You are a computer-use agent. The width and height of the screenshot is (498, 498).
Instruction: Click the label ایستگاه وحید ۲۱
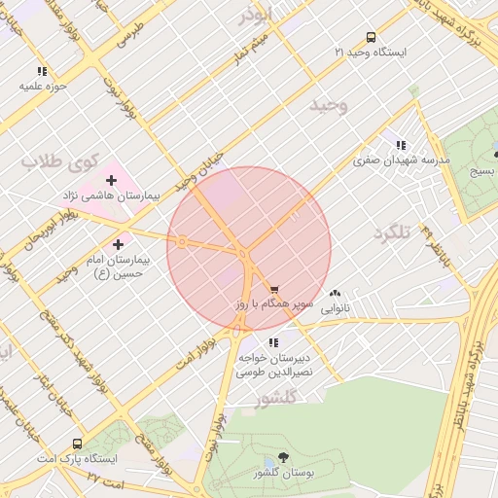(371, 51)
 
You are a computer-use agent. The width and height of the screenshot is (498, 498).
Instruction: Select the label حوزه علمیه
(42, 86)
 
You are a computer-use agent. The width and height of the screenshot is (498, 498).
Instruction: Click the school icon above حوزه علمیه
(42, 71)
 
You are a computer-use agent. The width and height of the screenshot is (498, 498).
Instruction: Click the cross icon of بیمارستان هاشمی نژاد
(111, 180)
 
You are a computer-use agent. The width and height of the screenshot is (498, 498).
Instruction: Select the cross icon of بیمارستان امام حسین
(119, 244)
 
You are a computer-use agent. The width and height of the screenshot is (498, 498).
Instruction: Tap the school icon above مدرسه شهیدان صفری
(401, 144)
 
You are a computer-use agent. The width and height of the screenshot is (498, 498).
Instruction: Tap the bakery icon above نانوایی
(336, 293)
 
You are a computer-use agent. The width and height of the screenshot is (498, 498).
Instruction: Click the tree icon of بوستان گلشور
(283, 457)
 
